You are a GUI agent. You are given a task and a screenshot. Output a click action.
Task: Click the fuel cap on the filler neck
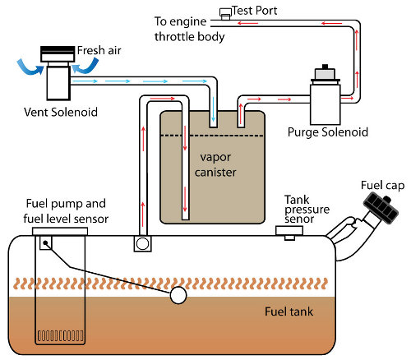[x=381, y=208]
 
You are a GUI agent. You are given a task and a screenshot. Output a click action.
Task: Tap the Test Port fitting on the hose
[x=226, y=14]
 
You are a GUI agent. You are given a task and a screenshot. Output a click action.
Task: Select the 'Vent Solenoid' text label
[x=61, y=113]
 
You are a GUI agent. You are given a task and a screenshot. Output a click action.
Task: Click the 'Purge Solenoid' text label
[x=328, y=132]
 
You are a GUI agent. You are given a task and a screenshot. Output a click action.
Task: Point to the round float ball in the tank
[x=178, y=295]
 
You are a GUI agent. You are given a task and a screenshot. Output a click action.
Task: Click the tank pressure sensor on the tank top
[x=289, y=233]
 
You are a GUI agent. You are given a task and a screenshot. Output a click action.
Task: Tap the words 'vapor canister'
[x=215, y=165]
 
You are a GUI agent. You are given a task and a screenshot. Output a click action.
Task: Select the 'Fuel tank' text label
[x=289, y=312]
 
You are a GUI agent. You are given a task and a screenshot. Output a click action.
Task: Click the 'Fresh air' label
[x=99, y=50]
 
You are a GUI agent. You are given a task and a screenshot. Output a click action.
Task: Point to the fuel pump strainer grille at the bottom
[x=61, y=335]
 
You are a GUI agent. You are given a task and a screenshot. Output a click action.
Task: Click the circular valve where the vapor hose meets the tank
[x=142, y=243]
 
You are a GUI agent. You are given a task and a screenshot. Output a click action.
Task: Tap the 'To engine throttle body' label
[x=189, y=29]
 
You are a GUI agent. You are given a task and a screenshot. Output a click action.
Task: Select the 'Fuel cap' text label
[x=383, y=186]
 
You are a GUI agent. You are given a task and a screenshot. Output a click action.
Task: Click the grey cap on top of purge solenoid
[x=325, y=73]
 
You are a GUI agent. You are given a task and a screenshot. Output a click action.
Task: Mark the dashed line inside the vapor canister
[x=212, y=136]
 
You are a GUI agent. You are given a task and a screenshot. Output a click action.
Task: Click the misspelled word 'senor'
[x=299, y=219]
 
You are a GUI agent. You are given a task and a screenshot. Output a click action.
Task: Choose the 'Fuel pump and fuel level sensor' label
[x=66, y=211]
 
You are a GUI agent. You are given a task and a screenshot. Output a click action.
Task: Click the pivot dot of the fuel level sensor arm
[x=45, y=242]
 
